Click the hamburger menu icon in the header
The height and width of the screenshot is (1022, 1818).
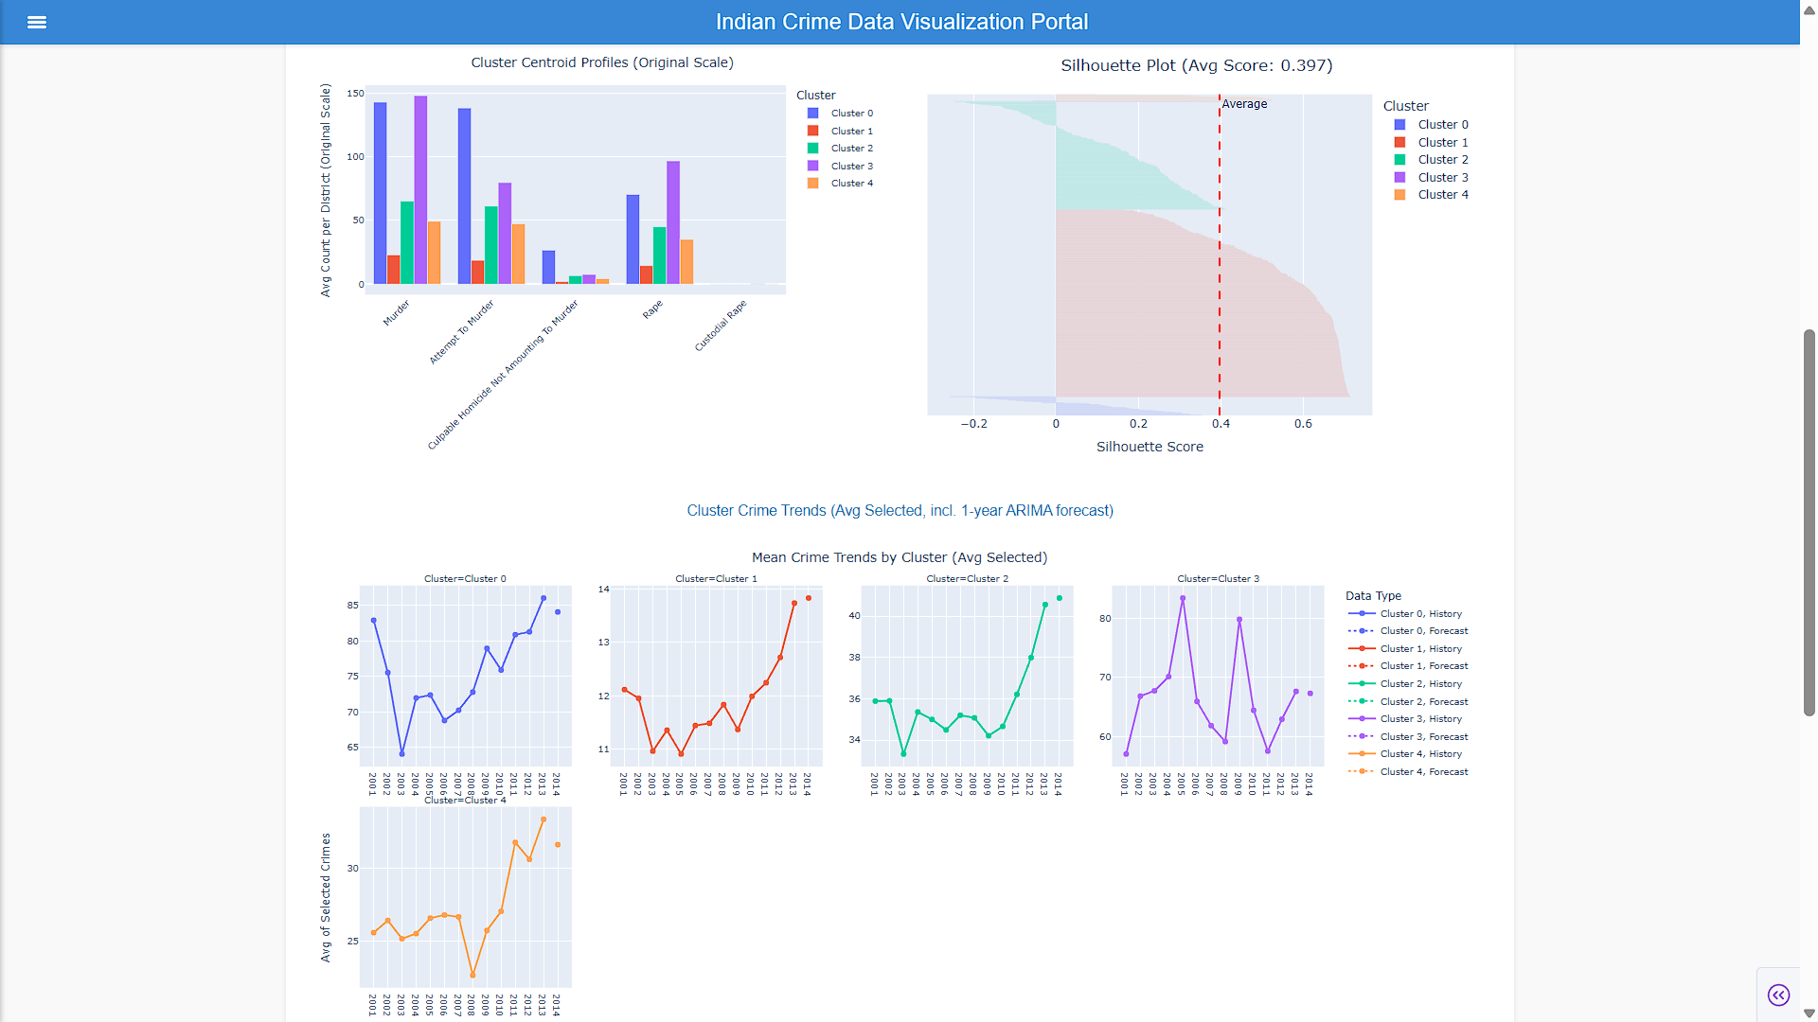[x=37, y=22]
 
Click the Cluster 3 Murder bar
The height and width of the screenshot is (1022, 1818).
[x=420, y=189]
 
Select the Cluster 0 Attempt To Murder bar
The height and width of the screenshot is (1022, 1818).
[x=464, y=196]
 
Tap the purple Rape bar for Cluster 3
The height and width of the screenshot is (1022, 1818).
[x=673, y=222]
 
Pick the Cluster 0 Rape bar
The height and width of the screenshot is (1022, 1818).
[x=633, y=239]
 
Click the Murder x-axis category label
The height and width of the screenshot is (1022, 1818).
[x=397, y=313]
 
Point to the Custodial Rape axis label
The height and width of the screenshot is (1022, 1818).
[x=721, y=326]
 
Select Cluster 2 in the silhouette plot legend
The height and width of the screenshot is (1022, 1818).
[x=1432, y=160]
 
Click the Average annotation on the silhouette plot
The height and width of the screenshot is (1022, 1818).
[x=1244, y=104]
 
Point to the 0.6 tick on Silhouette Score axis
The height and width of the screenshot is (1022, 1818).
[x=1303, y=424]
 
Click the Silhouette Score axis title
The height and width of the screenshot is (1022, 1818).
[x=1150, y=447]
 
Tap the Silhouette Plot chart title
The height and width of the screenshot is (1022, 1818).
[x=1196, y=65]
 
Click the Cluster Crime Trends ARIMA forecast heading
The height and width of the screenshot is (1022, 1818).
[x=900, y=511]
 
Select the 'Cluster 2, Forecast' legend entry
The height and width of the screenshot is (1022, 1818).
[x=1408, y=702]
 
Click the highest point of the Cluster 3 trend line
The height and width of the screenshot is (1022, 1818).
[x=1183, y=598]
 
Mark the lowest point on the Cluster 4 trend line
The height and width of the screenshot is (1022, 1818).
[x=472, y=975]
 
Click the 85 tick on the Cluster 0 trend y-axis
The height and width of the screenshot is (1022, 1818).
[x=352, y=606]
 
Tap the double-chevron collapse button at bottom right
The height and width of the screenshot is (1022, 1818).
[x=1778, y=995]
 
